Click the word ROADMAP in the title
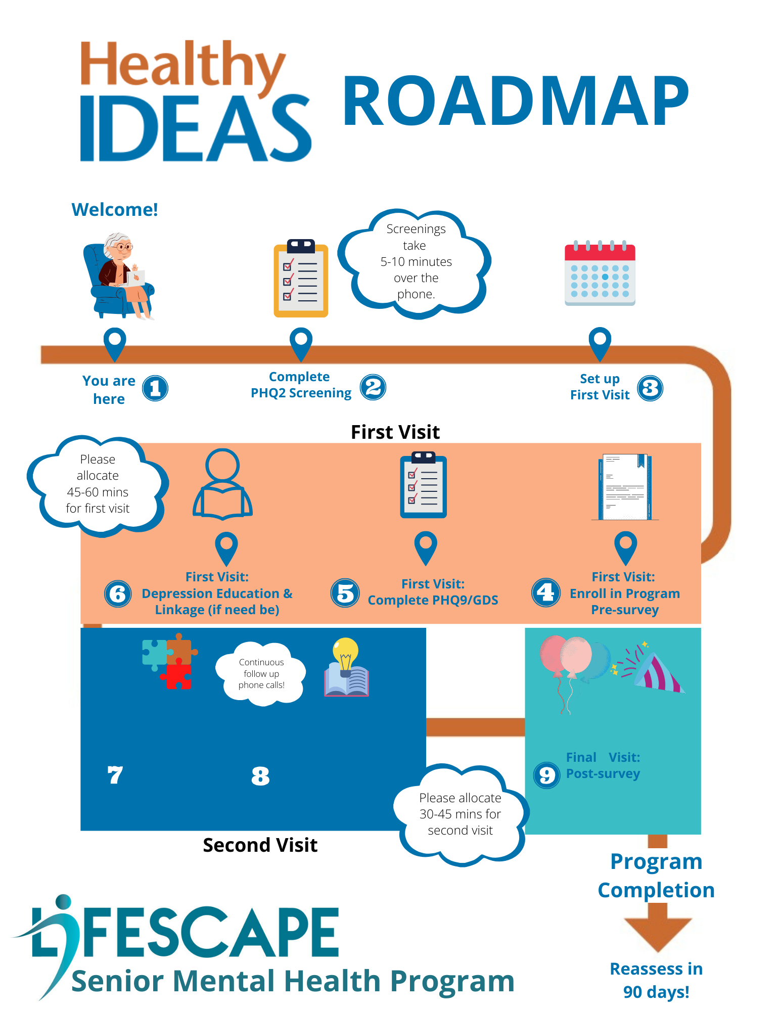516,101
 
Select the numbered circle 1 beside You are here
155,388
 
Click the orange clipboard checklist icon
301,279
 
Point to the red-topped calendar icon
600,274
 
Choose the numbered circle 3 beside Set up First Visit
650,388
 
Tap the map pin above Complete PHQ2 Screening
301,343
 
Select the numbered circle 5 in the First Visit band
345,593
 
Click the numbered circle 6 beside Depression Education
118,593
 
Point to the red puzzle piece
176,676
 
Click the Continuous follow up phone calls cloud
261,673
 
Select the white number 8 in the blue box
260,775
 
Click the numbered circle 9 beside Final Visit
546,775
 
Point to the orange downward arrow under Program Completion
657,928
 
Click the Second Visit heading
260,845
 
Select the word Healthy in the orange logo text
182,66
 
